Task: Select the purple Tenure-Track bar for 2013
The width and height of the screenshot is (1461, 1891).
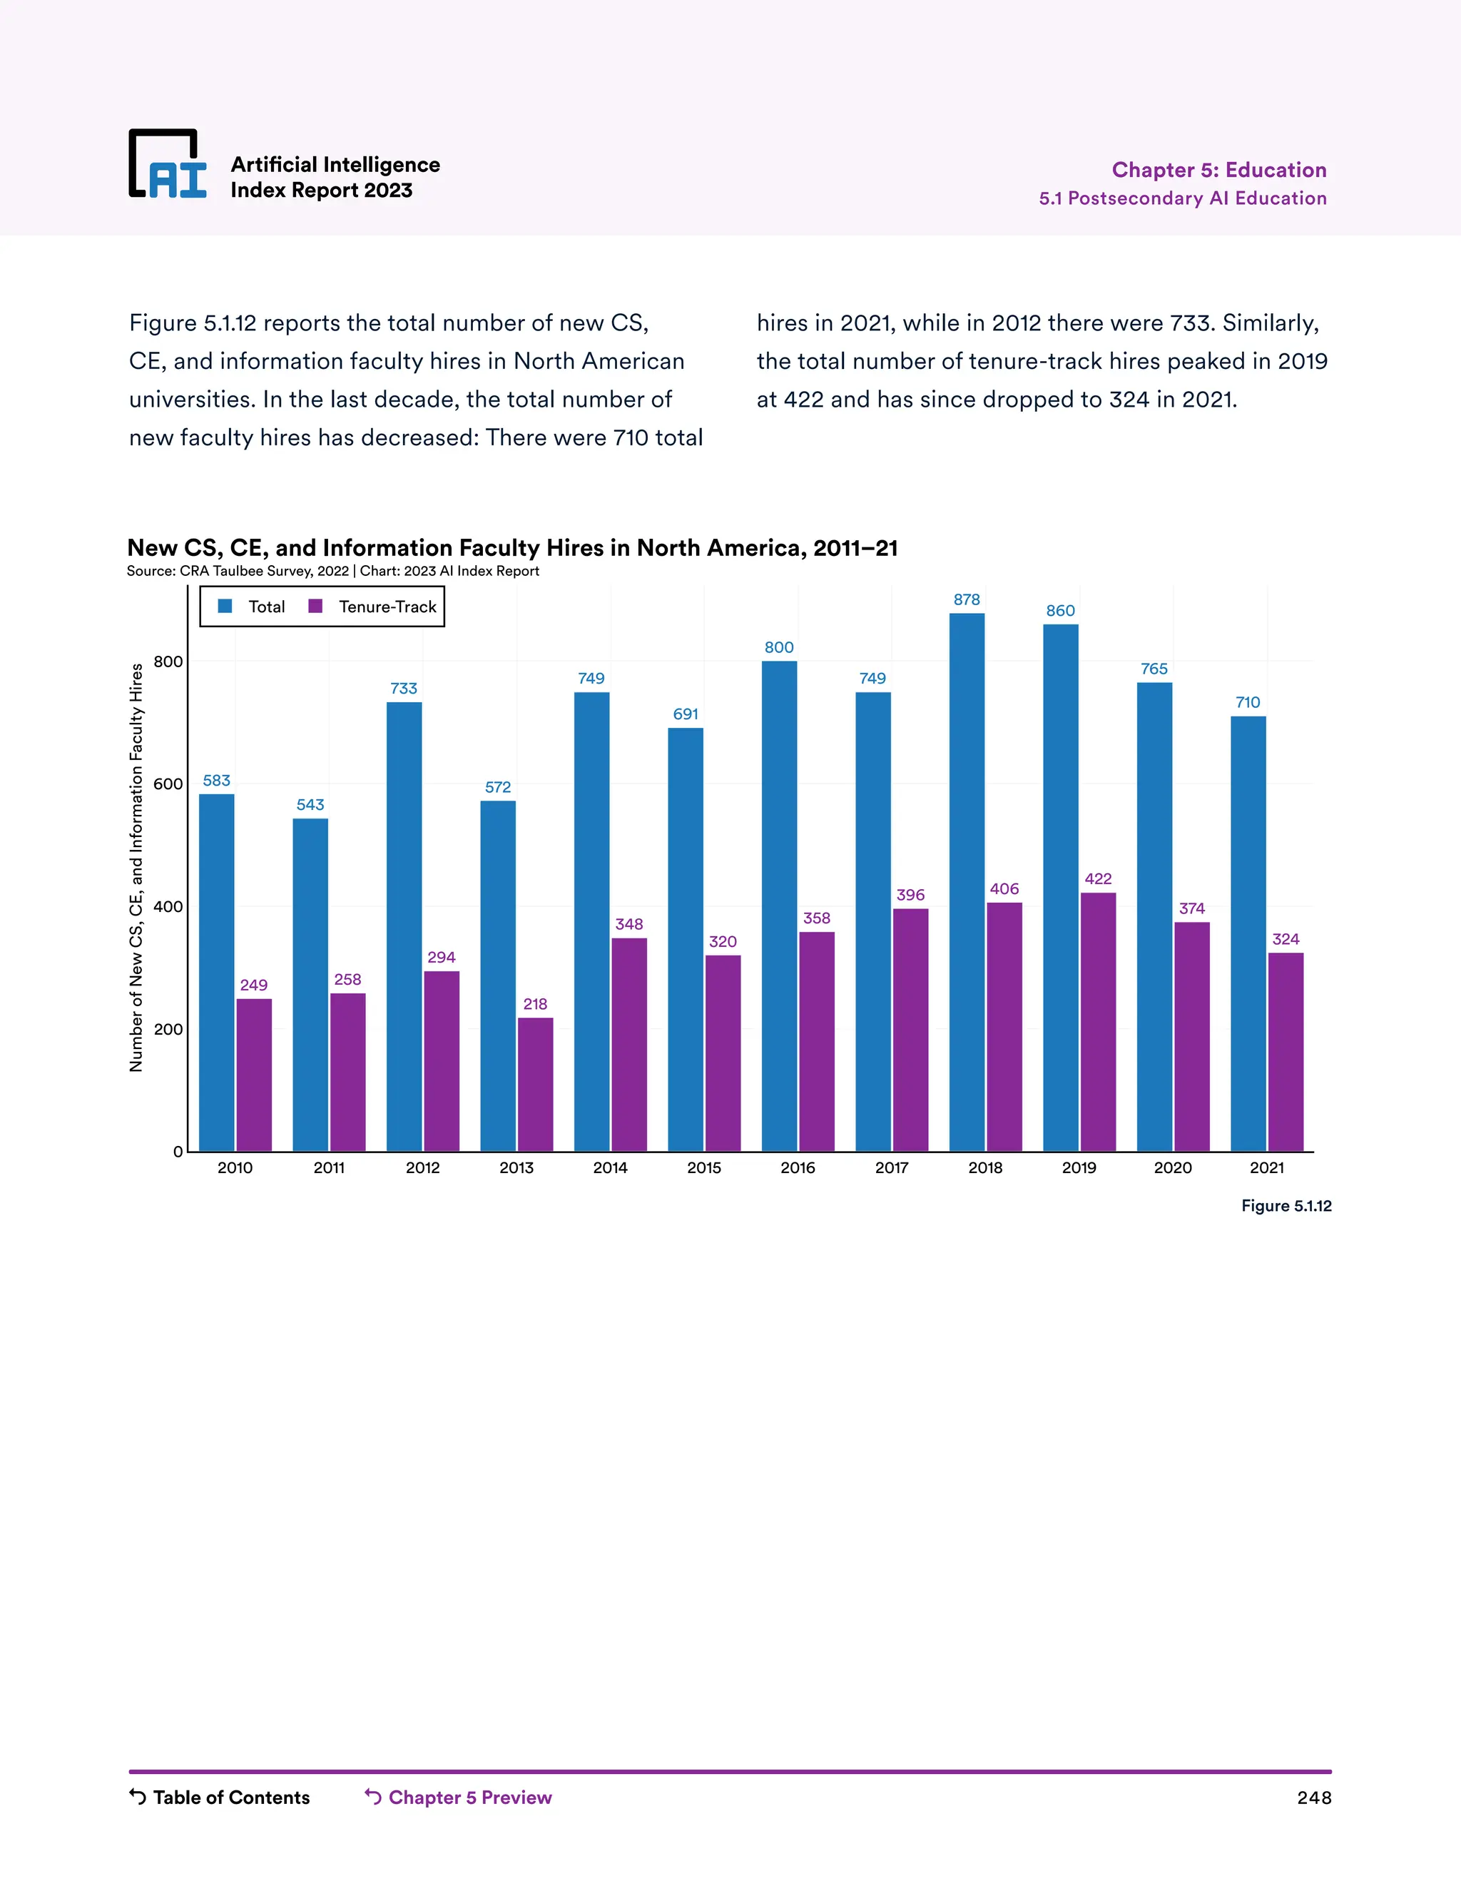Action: pos(535,1084)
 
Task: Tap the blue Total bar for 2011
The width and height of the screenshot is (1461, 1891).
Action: pos(310,985)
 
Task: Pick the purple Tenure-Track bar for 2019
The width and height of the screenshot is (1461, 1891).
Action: pos(1097,1022)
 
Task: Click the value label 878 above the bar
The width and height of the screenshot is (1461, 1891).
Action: pos(967,599)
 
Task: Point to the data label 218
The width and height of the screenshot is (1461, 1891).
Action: pos(535,1003)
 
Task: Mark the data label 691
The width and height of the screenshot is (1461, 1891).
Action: pos(686,714)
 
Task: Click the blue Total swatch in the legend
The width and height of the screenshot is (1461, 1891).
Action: pos(225,606)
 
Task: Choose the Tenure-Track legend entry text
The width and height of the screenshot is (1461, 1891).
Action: pos(388,606)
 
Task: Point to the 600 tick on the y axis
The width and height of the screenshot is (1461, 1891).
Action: pos(168,784)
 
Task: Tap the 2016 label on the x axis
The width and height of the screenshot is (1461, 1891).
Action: pos(797,1167)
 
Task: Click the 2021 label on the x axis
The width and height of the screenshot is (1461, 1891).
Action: pos(1266,1167)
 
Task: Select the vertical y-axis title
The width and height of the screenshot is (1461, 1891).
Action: pos(136,867)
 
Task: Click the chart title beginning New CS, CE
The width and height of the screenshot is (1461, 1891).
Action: pos(511,547)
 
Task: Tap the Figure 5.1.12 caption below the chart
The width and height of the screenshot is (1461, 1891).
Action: pos(1286,1205)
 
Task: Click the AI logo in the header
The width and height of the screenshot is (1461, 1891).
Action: pos(168,165)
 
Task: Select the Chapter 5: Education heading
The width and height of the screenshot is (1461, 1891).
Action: pos(1218,170)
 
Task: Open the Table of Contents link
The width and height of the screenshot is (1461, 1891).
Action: pos(220,1797)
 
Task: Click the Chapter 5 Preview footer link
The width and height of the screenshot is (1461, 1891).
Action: pos(458,1797)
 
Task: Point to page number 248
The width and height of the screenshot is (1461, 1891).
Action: pos(1313,1798)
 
